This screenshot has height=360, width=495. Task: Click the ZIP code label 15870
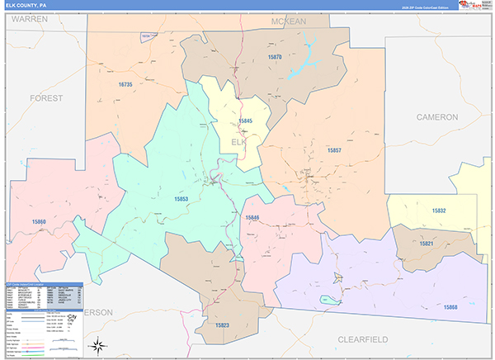(x=275, y=57)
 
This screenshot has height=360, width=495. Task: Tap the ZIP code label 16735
(x=125, y=84)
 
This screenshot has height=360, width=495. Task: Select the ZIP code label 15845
(x=245, y=121)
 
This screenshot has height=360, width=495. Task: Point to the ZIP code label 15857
(x=333, y=150)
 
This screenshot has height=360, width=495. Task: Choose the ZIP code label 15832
(x=438, y=211)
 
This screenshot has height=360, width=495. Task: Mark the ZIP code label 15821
(x=427, y=244)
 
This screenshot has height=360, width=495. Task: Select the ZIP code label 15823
(x=222, y=325)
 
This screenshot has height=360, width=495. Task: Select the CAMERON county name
(x=436, y=117)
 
